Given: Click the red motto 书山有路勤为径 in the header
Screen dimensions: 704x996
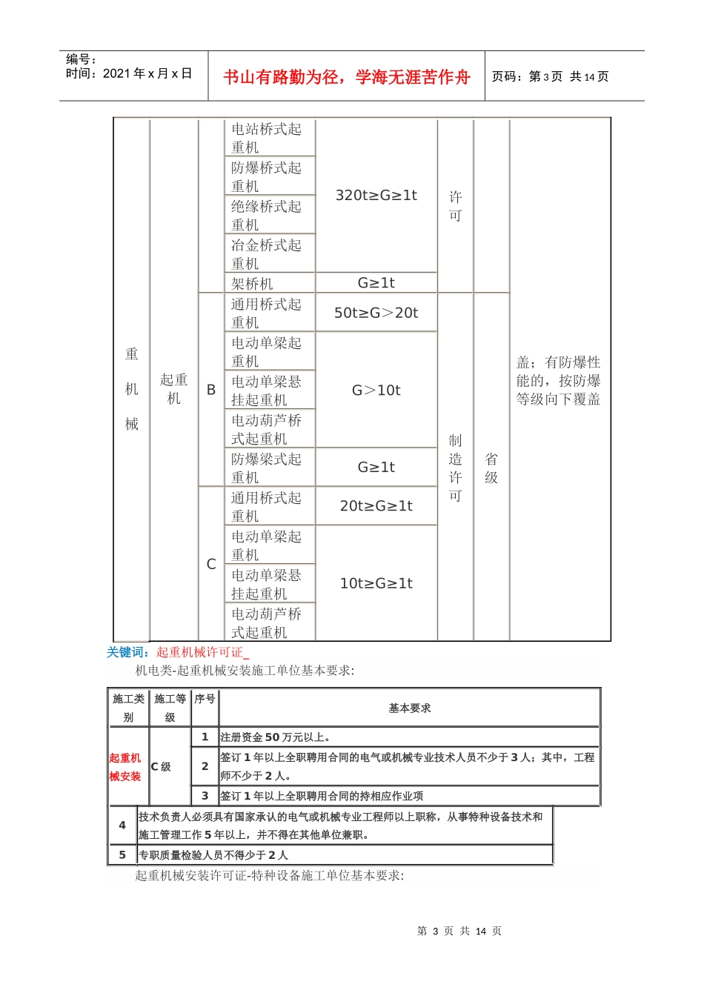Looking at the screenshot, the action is point(346,77).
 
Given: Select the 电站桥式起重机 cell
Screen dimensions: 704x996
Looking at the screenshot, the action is point(266,138).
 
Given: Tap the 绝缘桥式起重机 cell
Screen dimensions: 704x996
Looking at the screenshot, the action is point(266,215).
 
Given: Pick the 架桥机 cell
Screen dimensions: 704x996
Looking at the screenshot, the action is point(252,283).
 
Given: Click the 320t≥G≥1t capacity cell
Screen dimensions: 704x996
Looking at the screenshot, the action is point(376,196).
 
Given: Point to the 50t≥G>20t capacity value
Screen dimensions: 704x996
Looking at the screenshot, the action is point(376,313).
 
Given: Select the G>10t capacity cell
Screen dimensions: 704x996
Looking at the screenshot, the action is point(376,391).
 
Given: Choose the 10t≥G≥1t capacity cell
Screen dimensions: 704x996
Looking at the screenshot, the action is point(376,583).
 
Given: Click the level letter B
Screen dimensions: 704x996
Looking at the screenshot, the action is point(211,390).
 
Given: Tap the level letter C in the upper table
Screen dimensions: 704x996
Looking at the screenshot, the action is point(211,564).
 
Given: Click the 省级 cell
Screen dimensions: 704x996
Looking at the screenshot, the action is point(491,468).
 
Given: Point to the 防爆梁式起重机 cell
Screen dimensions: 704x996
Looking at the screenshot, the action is point(266,468).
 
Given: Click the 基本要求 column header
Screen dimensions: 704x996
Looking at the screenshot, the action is point(409,708).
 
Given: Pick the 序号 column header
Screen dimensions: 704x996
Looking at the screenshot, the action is point(205,699).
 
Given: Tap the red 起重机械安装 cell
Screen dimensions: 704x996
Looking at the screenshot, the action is point(125,767).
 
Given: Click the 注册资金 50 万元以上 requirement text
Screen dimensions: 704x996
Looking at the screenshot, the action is point(276,737).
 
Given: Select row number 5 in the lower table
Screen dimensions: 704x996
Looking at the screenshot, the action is point(122,854).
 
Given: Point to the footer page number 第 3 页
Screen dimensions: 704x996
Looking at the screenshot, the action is point(436,931).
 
